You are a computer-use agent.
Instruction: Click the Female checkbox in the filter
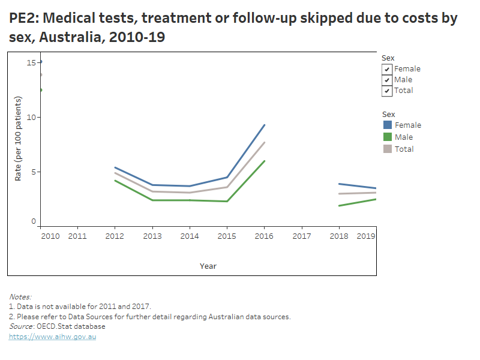388,69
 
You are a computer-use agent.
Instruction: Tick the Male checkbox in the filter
388,80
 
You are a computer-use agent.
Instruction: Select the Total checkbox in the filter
388,91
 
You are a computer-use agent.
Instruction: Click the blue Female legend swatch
388,125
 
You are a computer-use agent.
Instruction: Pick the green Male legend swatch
388,137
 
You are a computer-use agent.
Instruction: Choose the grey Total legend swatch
388,149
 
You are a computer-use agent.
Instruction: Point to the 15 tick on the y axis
31,62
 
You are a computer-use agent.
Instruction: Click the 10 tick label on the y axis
31,117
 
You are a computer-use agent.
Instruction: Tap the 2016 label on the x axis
264,236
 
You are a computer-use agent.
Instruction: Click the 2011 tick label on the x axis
77,236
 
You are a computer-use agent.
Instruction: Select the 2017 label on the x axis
301,236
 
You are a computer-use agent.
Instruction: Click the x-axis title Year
208,266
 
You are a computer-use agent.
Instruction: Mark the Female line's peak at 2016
265,125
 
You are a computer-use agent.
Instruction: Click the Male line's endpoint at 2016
265,161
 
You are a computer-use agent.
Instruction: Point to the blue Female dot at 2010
40,62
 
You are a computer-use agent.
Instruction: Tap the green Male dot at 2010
40,90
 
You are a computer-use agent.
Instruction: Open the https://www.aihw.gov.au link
52,337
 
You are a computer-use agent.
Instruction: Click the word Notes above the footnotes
20,296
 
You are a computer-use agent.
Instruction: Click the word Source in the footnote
21,326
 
